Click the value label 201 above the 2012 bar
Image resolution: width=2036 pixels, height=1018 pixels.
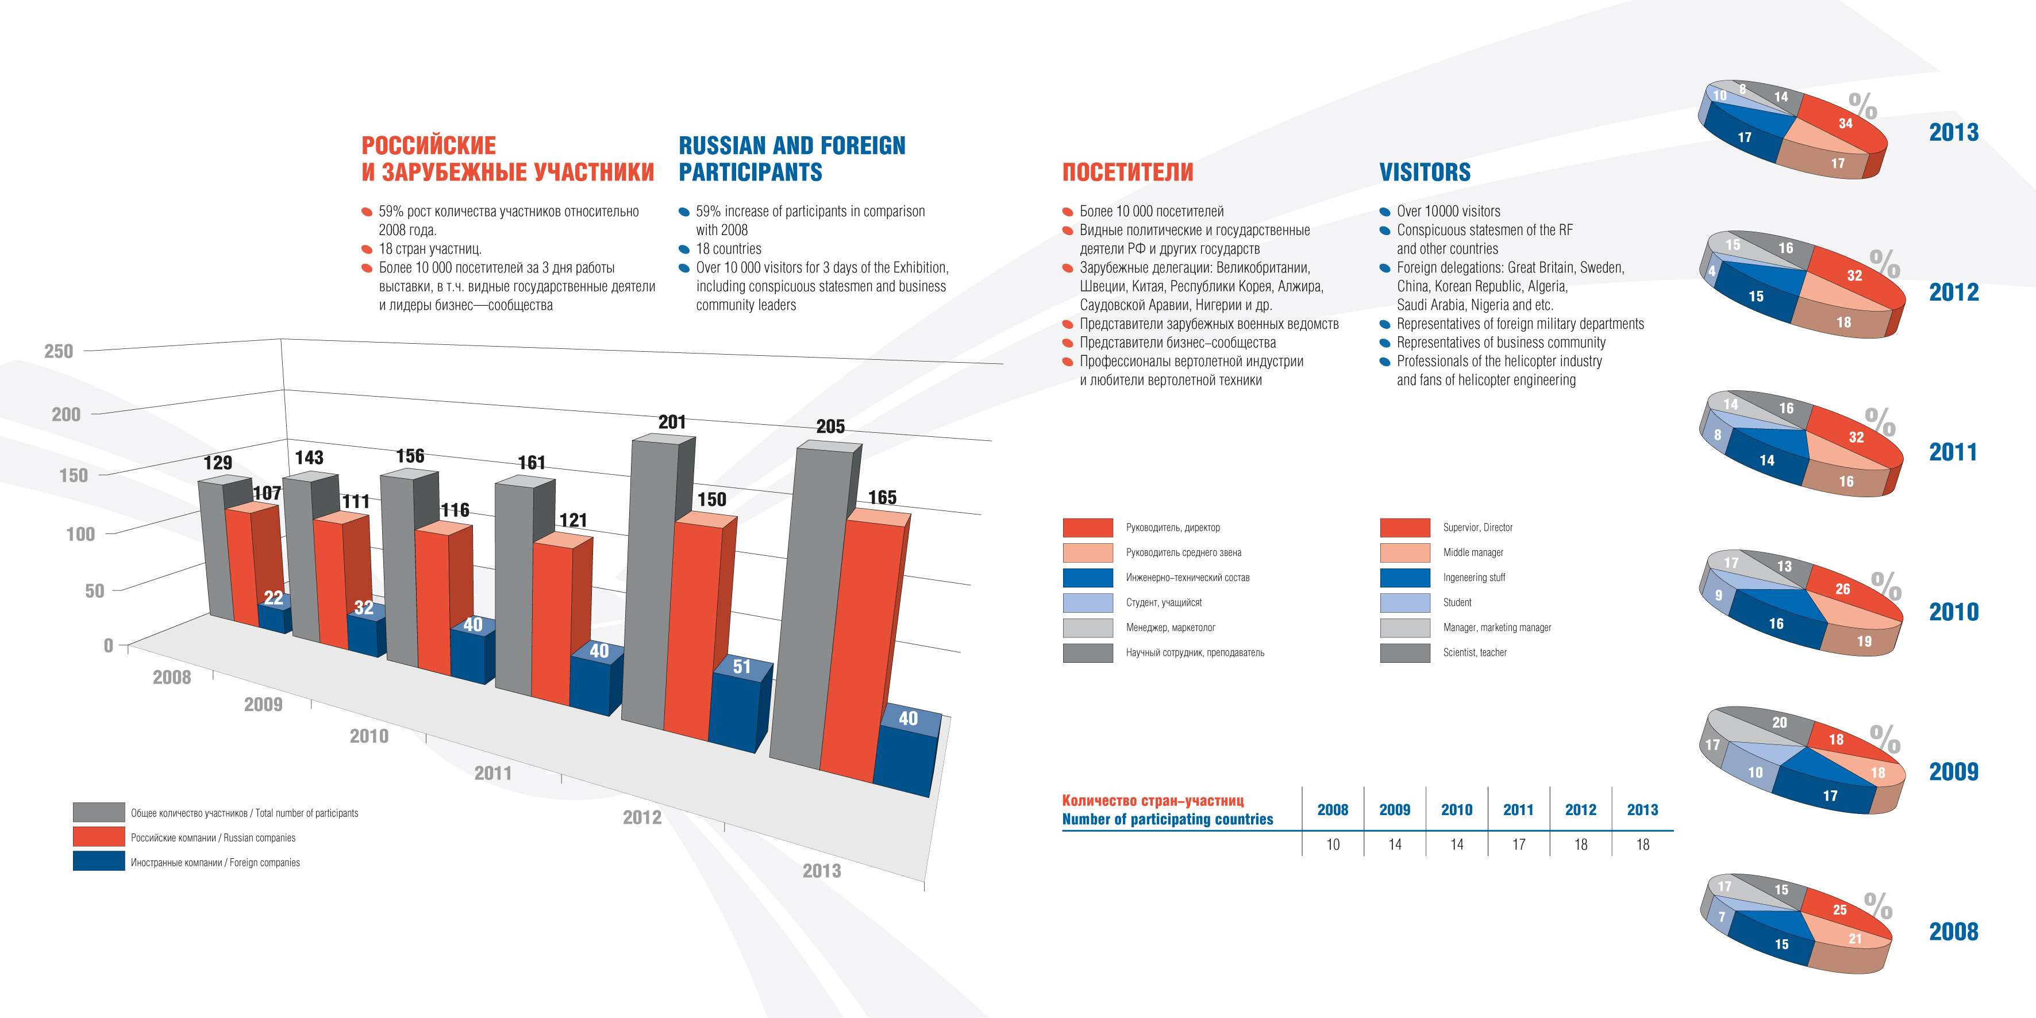(672, 422)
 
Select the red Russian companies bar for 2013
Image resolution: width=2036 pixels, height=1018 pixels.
(857, 648)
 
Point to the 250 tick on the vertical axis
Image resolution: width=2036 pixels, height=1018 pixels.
(59, 351)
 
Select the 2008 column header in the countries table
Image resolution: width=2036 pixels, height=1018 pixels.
(1333, 810)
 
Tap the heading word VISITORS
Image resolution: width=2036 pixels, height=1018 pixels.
(1425, 172)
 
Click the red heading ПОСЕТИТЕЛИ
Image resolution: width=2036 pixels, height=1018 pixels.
(1128, 172)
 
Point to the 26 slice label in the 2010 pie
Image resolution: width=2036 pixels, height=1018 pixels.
(1842, 589)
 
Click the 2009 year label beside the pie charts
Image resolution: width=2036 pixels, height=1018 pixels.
(1954, 771)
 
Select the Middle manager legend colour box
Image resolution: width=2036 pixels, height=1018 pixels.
(1404, 552)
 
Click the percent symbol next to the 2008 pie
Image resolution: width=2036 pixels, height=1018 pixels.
(1878, 905)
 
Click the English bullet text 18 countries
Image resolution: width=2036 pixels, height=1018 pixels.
(728, 249)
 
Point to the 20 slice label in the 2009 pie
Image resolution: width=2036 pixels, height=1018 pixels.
(1779, 723)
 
